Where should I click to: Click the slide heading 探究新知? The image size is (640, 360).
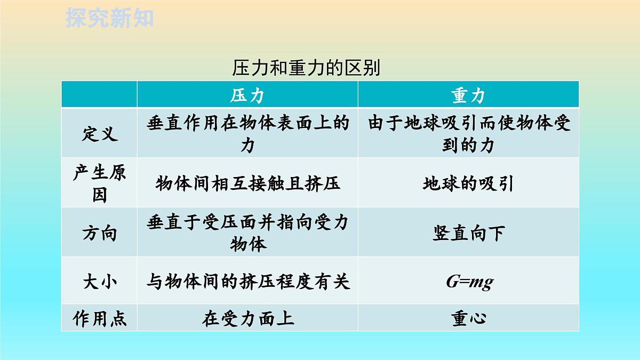pyautogui.click(x=109, y=18)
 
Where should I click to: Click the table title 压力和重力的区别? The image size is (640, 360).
pyautogui.click(x=306, y=68)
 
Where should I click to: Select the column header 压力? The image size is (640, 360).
pyautogui.click(x=247, y=95)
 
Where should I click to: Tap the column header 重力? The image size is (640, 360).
pyautogui.click(x=468, y=95)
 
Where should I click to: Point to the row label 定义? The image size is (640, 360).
pyautogui.click(x=99, y=133)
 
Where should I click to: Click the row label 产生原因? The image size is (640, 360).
pyautogui.click(x=99, y=183)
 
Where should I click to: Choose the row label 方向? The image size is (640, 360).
pyautogui.click(x=99, y=233)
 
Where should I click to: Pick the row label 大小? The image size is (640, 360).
pyautogui.click(x=99, y=281)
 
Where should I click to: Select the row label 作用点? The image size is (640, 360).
pyautogui.click(x=99, y=318)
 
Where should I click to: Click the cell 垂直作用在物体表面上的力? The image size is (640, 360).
pyautogui.click(x=247, y=133)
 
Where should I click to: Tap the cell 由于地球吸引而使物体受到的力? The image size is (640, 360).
pyautogui.click(x=468, y=133)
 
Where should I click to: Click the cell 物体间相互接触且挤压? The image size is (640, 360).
pyautogui.click(x=247, y=183)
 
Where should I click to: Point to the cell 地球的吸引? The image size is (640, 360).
pyautogui.click(x=468, y=183)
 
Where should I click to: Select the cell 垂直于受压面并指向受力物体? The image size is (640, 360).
pyautogui.click(x=247, y=233)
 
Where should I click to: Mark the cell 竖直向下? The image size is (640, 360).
pyautogui.click(x=468, y=234)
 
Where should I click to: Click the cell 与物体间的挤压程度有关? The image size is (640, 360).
pyautogui.click(x=247, y=281)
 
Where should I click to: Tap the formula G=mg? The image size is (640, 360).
pyautogui.click(x=469, y=281)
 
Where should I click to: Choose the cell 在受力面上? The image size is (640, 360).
pyautogui.click(x=247, y=318)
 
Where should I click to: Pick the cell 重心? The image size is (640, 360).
pyautogui.click(x=468, y=318)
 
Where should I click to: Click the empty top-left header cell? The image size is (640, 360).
pyautogui.click(x=99, y=95)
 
